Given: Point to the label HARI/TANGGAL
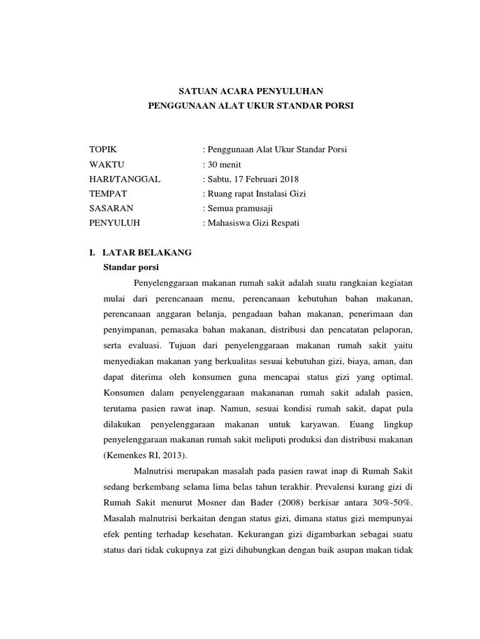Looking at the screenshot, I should (x=125, y=179).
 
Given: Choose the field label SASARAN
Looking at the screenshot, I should (x=111, y=208).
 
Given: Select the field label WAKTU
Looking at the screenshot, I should (x=107, y=165).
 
